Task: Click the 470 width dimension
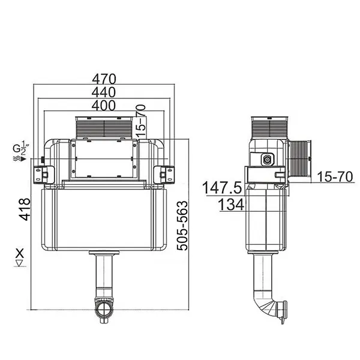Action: pyautogui.click(x=104, y=79)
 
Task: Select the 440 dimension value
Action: pyautogui.click(x=104, y=92)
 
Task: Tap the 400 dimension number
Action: pyautogui.click(x=104, y=105)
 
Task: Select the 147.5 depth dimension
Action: pyautogui.click(x=221, y=188)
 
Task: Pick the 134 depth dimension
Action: pyautogui.click(x=230, y=205)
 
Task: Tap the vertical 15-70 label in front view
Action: pyautogui.click(x=141, y=118)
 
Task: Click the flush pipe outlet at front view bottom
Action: pyautogui.click(x=104, y=308)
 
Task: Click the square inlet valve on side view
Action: pyautogui.click(x=267, y=160)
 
